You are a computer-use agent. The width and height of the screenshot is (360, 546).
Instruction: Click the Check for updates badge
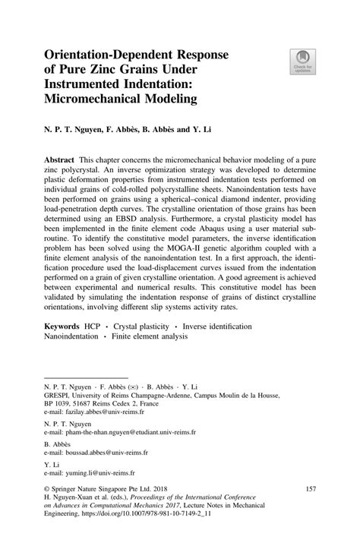click(302, 62)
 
